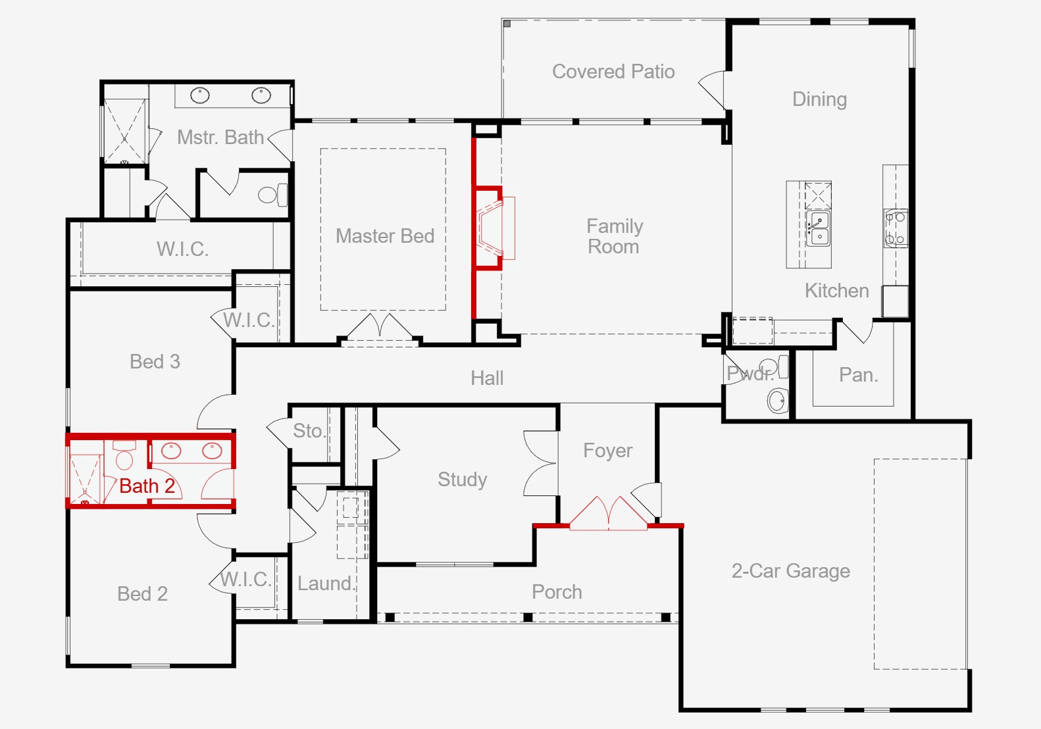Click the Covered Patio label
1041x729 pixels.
[x=613, y=71]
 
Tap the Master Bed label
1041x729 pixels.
[x=385, y=236]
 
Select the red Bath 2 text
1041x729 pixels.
[x=147, y=486]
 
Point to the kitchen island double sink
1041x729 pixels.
[x=819, y=228]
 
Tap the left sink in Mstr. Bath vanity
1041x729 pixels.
[x=200, y=95]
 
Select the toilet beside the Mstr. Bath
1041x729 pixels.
[x=272, y=194]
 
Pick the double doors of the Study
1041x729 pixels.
[x=541, y=463]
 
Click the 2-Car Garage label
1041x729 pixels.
[x=790, y=570]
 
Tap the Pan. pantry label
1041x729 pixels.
[x=858, y=375]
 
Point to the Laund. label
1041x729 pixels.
[x=326, y=583]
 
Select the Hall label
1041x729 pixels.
[x=487, y=378]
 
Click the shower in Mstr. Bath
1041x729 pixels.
[x=124, y=131]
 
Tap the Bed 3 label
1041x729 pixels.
[x=155, y=361]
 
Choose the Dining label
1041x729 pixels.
[x=819, y=99]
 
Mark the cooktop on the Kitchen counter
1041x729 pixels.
[x=895, y=228]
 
